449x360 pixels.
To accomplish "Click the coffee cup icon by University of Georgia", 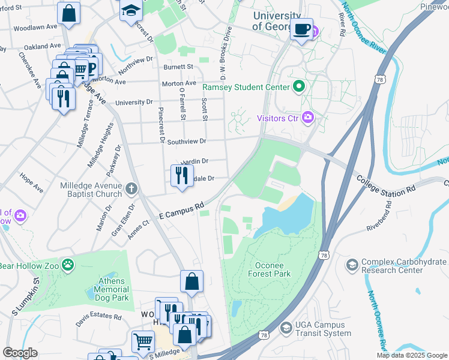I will point(302,28).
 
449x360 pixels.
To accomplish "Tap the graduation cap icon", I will point(130,11).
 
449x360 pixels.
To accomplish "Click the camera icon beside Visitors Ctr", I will point(308,117).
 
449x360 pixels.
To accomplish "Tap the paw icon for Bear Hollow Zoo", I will point(70,265).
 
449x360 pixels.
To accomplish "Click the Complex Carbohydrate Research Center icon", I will point(352,264).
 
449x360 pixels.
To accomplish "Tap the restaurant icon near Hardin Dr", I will point(181,175).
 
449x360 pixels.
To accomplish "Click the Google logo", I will point(20,352).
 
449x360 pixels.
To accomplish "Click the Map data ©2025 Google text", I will point(411,355).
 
